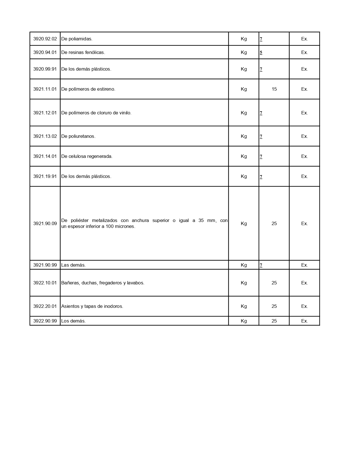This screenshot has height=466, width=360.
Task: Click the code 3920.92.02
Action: coord(45,39)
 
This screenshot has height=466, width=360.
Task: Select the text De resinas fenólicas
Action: coord(83,53)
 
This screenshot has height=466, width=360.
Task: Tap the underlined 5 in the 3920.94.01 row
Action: coord(261,53)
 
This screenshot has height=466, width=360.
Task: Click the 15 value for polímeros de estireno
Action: coord(274,89)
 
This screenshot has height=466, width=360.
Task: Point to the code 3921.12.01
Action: coord(45,113)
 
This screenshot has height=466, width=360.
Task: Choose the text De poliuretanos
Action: coord(78,136)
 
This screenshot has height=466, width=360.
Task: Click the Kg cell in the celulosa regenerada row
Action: coord(244,156)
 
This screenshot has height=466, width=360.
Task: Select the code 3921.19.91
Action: coord(45,177)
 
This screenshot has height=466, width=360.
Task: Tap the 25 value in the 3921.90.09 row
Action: coord(274,224)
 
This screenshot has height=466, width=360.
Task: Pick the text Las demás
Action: coord(73,265)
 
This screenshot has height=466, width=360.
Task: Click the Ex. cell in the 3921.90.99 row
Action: coord(304,265)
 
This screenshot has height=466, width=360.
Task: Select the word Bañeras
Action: coord(70,283)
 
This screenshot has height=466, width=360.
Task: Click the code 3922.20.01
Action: coord(45,306)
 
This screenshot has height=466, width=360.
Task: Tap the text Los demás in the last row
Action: coord(73,321)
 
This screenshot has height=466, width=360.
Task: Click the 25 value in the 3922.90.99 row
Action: coord(274,321)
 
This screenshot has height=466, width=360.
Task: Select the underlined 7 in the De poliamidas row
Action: coord(261,39)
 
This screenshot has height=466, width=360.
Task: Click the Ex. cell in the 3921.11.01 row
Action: coord(304,89)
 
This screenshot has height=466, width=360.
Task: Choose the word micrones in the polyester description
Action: coord(125,227)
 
